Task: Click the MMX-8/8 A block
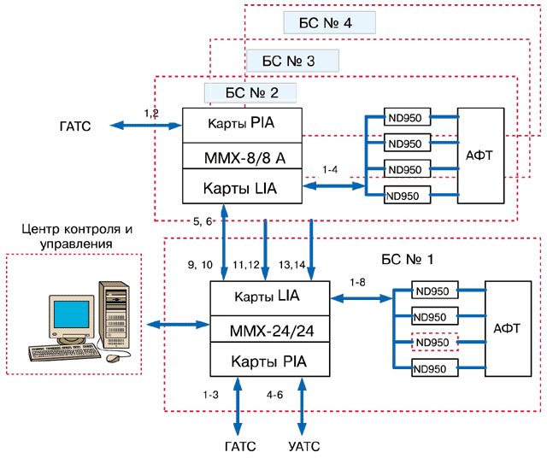point(243,156)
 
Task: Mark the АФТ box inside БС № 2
point(482,156)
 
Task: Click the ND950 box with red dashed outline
point(433,343)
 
